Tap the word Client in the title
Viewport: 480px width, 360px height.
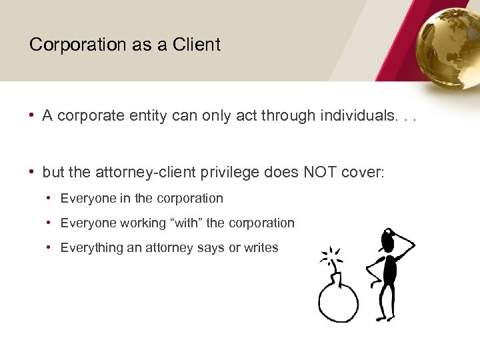click(x=196, y=45)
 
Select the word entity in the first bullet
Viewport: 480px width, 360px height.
click(x=155, y=115)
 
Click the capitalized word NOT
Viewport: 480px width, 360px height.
click(x=322, y=172)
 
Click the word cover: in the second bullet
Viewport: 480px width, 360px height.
click(x=363, y=172)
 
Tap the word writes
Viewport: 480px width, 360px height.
click(x=261, y=247)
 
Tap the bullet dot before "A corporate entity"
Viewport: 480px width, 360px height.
click(x=32, y=115)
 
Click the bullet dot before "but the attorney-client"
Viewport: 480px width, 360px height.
click(x=32, y=172)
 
